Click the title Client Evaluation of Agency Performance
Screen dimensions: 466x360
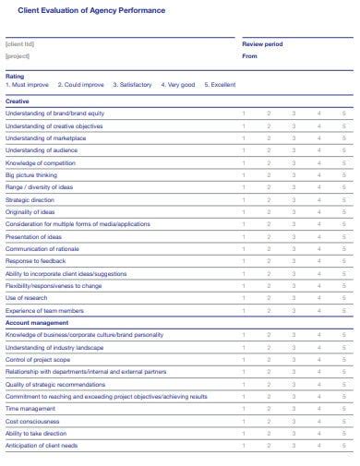92,9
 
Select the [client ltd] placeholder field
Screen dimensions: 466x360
19,43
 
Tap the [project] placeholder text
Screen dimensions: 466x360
18,55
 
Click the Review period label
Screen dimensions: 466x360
262,43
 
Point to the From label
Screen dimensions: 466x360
249,55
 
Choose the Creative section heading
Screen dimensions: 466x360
18,102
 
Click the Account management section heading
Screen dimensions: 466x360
37,323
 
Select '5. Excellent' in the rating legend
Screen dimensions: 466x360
220,84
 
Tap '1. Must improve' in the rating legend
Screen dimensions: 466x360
27,84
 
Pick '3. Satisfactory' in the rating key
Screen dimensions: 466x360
132,84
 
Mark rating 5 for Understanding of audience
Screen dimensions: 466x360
343,149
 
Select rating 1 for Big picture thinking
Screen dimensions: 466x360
244,174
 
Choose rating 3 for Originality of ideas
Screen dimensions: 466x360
294,211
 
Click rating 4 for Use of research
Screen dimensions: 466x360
318,298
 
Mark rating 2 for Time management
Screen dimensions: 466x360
269,408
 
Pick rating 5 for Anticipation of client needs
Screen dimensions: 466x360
343,446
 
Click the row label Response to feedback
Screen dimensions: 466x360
36,261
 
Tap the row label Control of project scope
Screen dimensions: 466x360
38,359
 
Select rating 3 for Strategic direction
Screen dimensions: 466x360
294,199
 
